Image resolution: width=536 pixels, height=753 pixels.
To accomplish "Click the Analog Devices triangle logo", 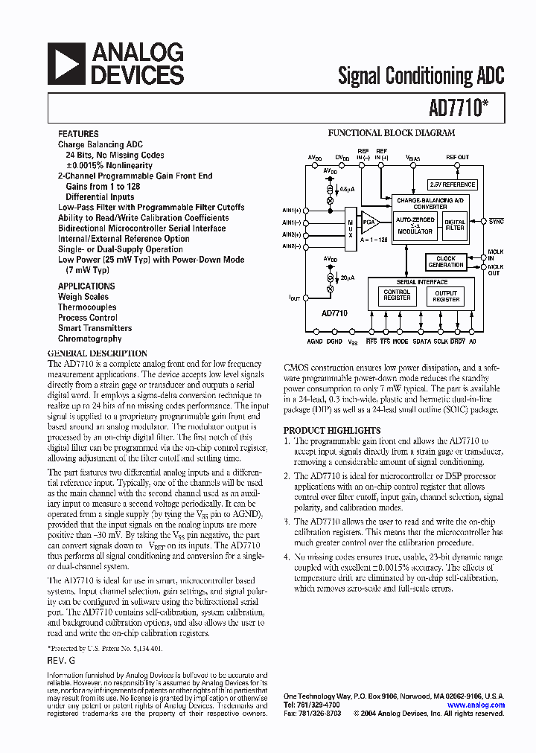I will pos(66,63).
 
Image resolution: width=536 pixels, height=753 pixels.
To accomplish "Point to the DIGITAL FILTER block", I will pos(454,225).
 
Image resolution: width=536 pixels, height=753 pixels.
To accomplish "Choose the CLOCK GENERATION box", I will pos(446,261).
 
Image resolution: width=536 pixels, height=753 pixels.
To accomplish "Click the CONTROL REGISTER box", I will pos(397,295).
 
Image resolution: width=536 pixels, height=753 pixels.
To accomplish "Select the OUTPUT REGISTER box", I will pos(446,295).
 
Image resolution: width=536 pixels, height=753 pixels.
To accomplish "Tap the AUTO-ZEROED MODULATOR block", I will pos(415,225).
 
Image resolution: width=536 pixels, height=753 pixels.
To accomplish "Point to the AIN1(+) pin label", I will pos(291,211).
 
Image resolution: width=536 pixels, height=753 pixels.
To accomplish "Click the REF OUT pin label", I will pos(458,157).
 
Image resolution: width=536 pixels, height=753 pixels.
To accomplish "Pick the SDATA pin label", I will pos(421,341).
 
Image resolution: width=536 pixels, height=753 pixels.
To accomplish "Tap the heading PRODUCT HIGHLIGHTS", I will pos(331,431).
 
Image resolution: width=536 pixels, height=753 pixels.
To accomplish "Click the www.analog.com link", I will pos(476,705).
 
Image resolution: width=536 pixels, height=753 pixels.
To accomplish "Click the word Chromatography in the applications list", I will pos(89,339).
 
